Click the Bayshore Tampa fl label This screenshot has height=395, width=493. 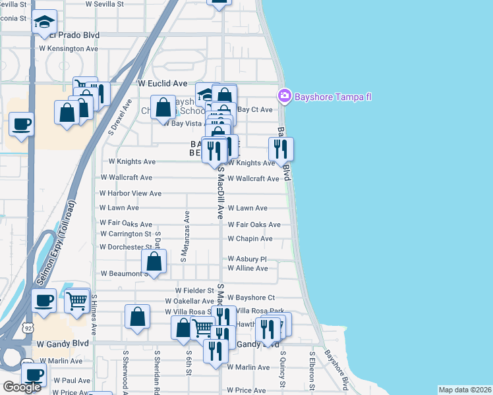(333, 97)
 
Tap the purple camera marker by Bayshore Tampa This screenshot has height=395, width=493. (285, 97)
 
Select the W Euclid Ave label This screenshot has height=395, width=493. (162, 84)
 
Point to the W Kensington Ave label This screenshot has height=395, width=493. (69, 49)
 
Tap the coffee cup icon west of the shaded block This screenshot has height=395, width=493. (22, 123)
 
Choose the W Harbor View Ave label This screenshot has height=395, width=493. (130, 194)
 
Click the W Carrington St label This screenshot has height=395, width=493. (126, 234)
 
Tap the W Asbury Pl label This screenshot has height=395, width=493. (247, 259)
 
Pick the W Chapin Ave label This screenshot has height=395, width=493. (250, 238)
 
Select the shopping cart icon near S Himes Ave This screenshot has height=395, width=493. (78, 302)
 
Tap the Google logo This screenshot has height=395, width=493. (22, 387)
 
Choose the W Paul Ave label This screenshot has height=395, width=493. (72, 381)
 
